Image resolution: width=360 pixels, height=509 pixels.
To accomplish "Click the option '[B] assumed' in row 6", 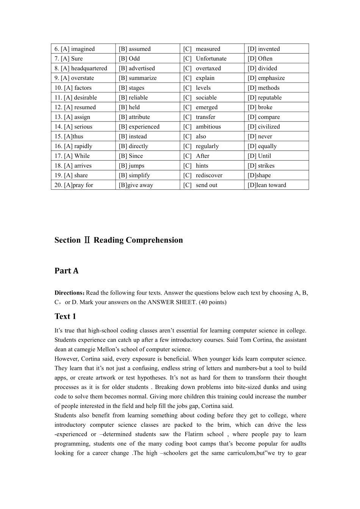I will point(135,49).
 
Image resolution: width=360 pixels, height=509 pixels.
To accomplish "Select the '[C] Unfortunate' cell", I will point(205,59).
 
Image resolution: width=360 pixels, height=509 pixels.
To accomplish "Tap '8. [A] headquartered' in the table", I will point(81,69).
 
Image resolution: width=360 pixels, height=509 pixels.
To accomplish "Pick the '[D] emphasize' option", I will point(266,78).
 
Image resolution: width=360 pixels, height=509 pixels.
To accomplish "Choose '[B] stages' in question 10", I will point(131,88).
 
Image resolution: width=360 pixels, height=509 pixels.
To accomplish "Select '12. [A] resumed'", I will point(75,107).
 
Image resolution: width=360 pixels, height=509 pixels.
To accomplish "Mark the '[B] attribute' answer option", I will point(134,117).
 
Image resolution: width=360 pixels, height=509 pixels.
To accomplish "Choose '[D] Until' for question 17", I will point(259,156).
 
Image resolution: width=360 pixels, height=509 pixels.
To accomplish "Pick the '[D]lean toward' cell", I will point(267,185).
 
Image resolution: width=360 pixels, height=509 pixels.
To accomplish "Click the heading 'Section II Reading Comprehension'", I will point(119,240).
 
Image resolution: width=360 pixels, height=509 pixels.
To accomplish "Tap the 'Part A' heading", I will point(66,271).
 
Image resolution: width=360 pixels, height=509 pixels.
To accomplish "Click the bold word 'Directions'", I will point(69,293).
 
